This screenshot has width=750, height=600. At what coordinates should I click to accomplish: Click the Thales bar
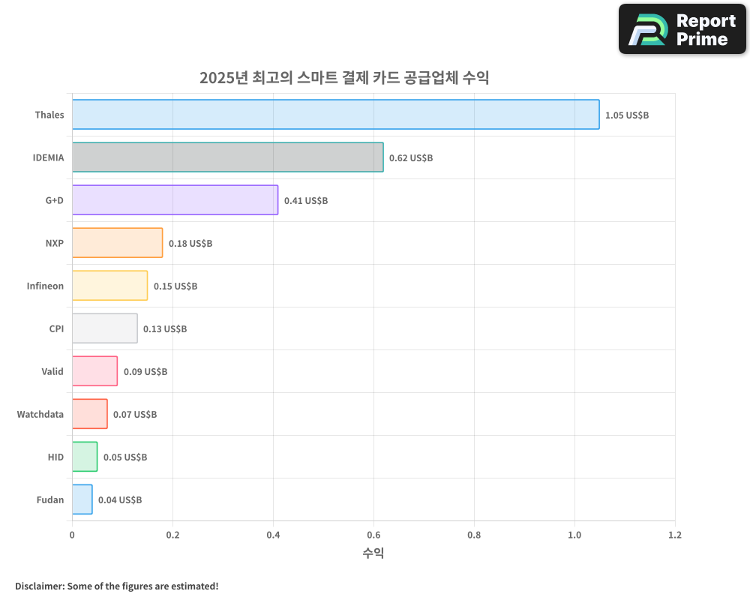point(335,115)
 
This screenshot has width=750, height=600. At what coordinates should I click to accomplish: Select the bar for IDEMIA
point(227,157)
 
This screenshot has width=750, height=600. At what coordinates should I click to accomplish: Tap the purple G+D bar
point(175,200)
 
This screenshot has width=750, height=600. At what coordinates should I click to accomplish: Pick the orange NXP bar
point(117,243)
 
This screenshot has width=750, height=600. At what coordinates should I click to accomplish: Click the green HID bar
point(85,457)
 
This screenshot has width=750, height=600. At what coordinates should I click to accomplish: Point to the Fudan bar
point(82,499)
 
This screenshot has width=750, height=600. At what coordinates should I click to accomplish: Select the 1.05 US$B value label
point(627,115)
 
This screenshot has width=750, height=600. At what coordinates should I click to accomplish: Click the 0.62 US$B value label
point(411,158)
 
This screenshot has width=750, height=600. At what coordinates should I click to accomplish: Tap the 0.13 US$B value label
point(165,329)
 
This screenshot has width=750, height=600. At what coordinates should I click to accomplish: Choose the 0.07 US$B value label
point(135,415)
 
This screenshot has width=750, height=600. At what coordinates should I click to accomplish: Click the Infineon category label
point(45,286)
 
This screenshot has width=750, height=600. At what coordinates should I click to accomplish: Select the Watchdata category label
point(40,415)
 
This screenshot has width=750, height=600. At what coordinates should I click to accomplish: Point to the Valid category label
point(52,372)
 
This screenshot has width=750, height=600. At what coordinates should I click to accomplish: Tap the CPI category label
point(56,329)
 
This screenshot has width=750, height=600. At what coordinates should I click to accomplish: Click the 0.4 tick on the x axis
point(273,535)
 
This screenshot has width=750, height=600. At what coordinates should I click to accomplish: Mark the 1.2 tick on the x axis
point(675,535)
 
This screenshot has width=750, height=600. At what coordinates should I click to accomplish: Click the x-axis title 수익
point(373,553)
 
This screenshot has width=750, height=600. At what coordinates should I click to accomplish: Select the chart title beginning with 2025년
point(344,78)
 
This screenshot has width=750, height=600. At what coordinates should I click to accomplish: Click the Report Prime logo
point(682,29)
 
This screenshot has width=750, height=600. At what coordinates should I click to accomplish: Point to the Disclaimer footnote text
point(117,586)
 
